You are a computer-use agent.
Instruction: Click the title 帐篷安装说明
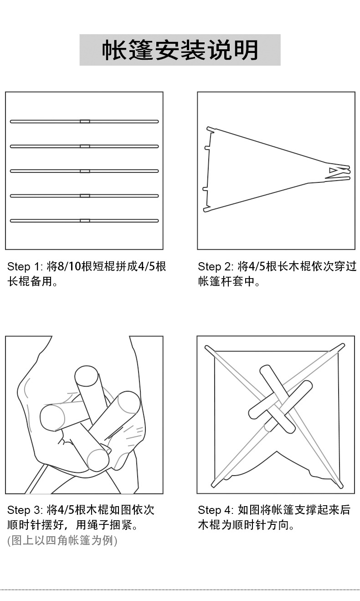(180, 50)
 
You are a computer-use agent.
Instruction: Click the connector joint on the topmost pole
(84, 121)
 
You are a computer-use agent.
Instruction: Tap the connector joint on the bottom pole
(84, 221)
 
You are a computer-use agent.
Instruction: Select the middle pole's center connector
(84, 171)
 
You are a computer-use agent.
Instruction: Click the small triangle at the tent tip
(334, 171)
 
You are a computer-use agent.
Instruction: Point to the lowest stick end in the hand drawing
(98, 460)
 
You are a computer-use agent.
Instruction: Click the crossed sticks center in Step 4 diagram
(278, 399)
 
